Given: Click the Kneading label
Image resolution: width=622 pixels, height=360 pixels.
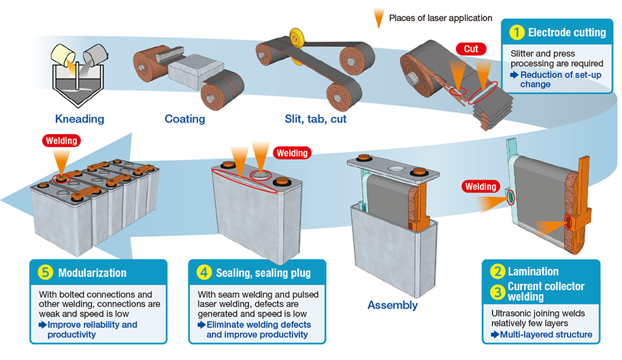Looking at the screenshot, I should (80, 119).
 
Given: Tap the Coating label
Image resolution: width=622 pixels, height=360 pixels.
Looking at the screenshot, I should (184, 119).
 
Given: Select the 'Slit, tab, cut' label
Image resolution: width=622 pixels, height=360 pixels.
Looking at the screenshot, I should (314, 119).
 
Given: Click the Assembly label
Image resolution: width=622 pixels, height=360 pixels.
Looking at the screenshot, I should (393, 305).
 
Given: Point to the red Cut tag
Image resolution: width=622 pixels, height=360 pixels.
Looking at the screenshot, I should (471, 49).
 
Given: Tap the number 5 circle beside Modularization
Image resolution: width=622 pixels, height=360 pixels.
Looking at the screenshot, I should (45, 273).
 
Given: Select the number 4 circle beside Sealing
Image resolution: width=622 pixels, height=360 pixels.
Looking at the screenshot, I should (204, 273).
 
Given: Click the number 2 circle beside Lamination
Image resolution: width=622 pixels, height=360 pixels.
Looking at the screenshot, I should (498, 272).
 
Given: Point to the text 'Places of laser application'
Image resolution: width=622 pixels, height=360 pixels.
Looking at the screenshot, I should (440, 18).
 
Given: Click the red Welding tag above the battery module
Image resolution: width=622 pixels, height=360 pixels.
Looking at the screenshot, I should (62, 141).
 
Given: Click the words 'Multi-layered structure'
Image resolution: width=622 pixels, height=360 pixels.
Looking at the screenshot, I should (546, 334).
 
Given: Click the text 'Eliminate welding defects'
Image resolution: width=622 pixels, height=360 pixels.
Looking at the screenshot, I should (258, 325).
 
